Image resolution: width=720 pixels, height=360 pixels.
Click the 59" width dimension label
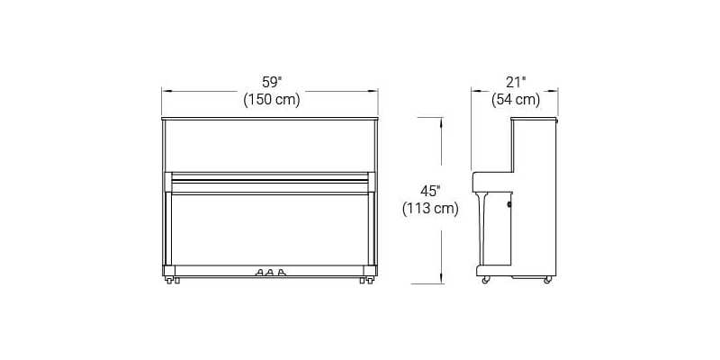pyautogui.click(x=272, y=82)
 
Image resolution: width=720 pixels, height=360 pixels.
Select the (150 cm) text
pyautogui.click(x=272, y=100)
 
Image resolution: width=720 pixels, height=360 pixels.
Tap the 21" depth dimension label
pyautogui.click(x=516, y=82)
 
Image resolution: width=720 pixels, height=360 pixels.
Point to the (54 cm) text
pyautogui.click(x=516, y=100)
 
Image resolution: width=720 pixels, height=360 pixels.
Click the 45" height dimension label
pyautogui.click(x=430, y=191)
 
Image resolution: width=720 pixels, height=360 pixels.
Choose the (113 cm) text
pyautogui.click(x=430, y=209)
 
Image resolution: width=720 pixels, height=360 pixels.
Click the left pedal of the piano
pyautogui.click(x=259, y=273)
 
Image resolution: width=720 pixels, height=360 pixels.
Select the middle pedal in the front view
pyautogui.click(x=270, y=273)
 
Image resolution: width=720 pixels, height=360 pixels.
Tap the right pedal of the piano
pyautogui.click(x=281, y=273)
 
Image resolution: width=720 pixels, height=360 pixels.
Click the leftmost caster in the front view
pyautogui.click(x=169, y=280)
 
